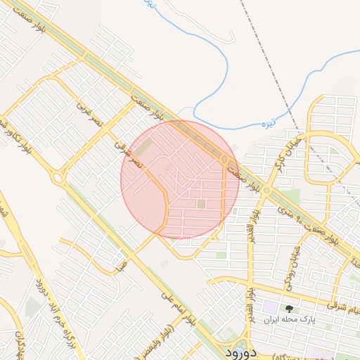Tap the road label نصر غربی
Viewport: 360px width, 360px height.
[x=90, y=115]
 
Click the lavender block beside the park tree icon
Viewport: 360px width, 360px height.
[x=271, y=307]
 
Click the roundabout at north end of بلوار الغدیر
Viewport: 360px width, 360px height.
[x=266, y=190]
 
